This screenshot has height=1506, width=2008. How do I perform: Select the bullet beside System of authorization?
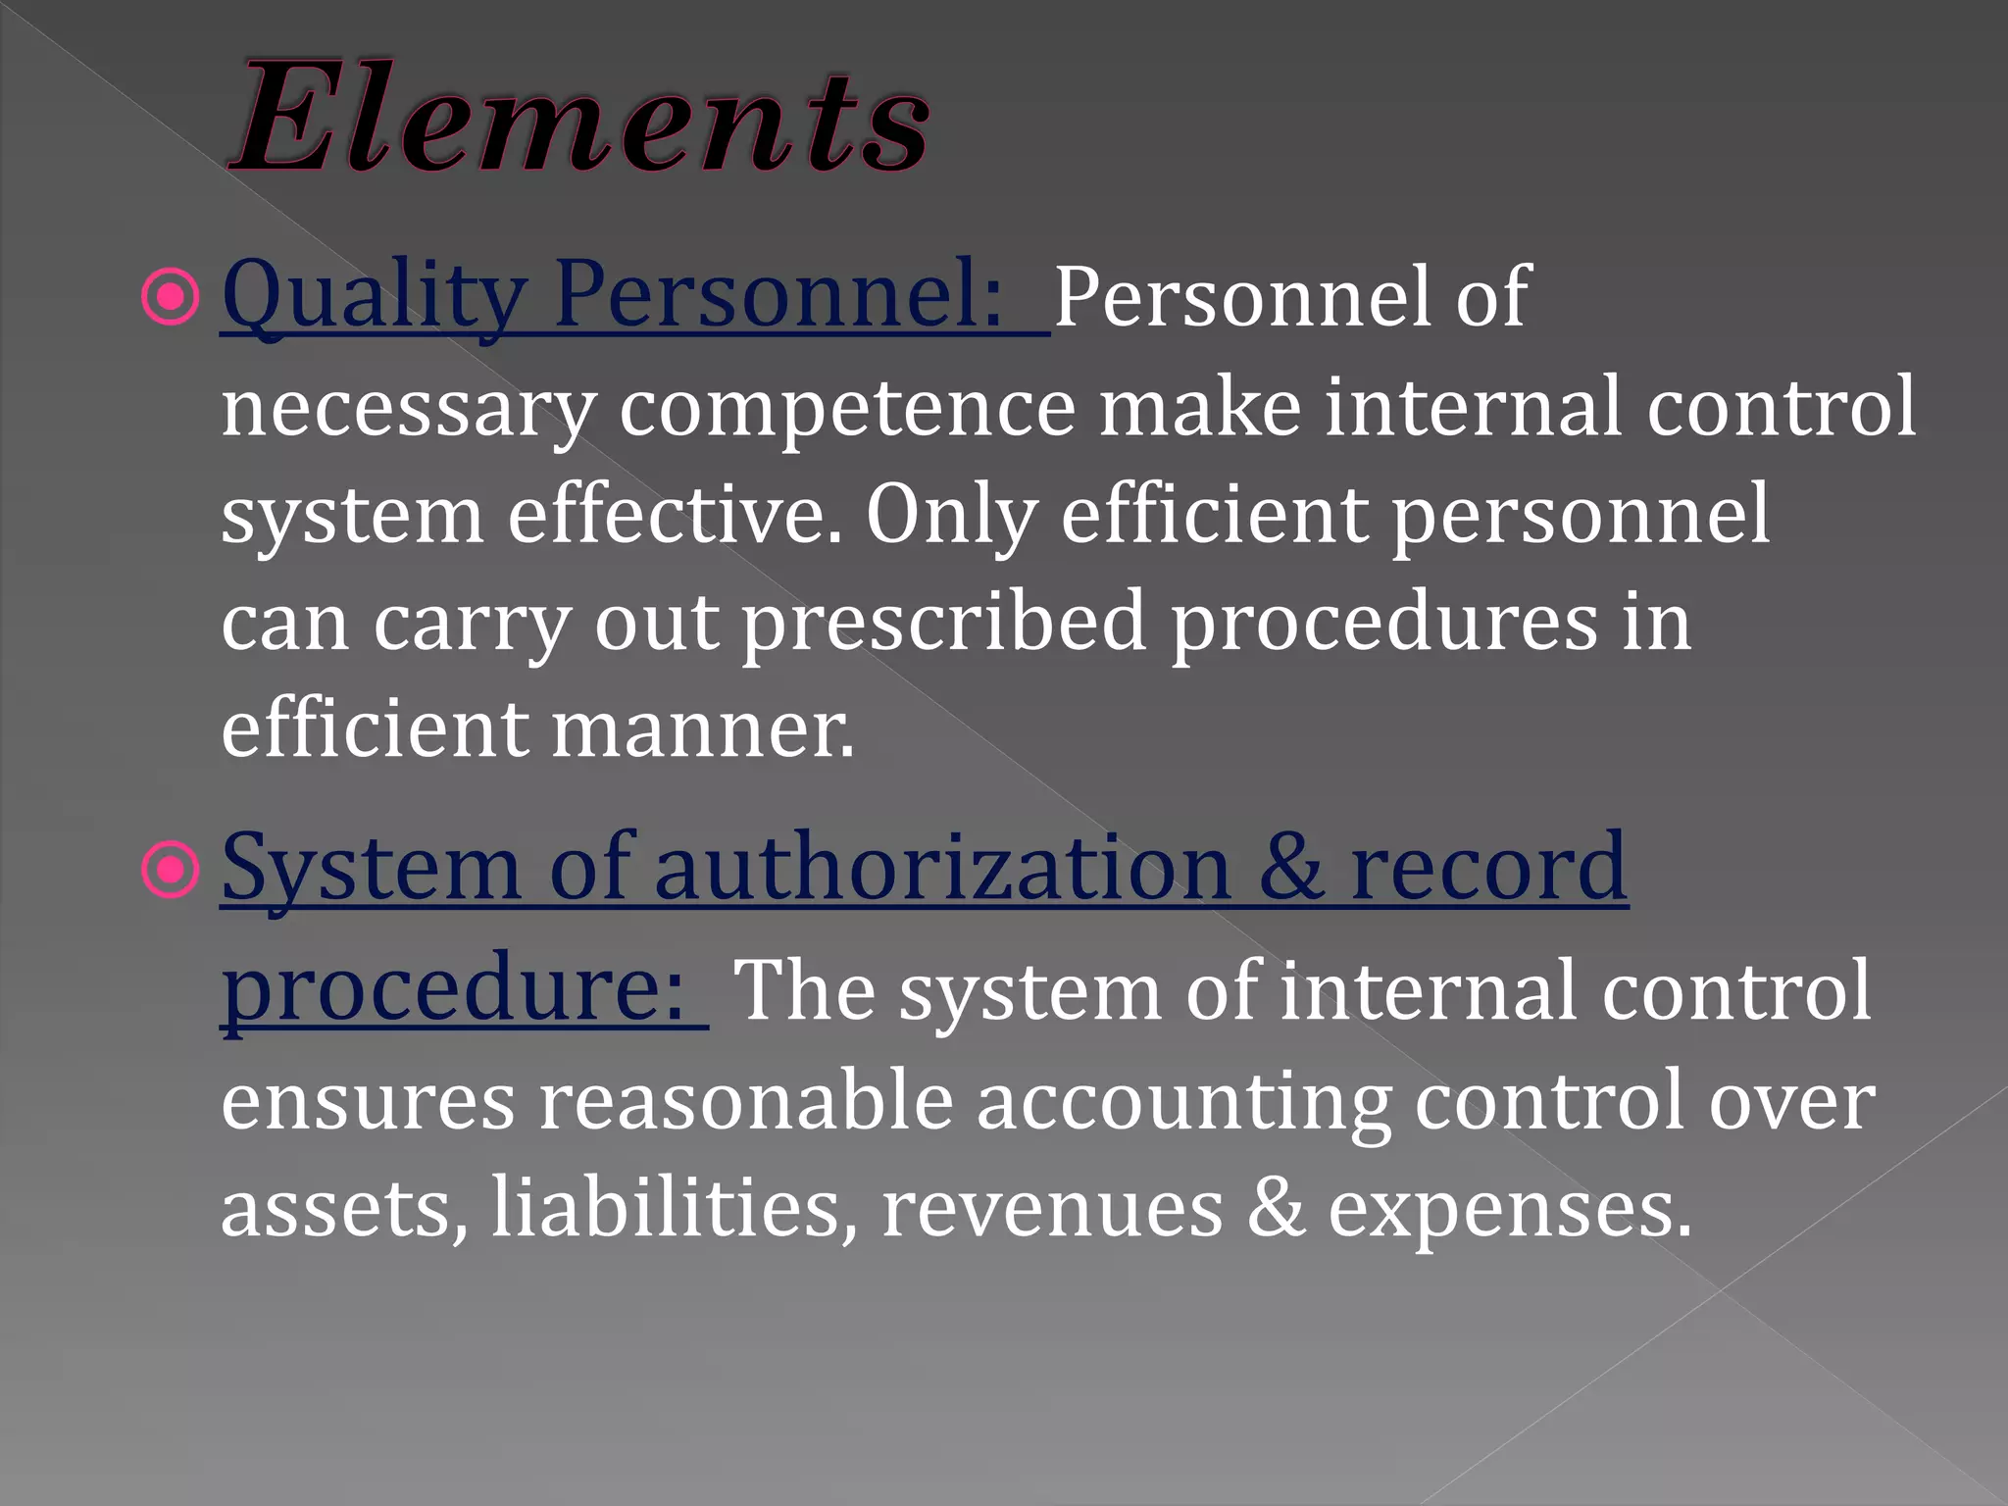pyautogui.click(x=172, y=870)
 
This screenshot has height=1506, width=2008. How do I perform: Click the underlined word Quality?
pyautogui.click(x=373, y=297)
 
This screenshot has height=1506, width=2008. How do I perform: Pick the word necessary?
pyautogui.click(x=408, y=410)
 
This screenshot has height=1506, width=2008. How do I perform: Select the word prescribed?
pyautogui.click(x=943, y=624)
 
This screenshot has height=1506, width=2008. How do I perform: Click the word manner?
pyautogui.click(x=702, y=730)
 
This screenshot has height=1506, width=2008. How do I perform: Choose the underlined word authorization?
pyautogui.click(x=942, y=868)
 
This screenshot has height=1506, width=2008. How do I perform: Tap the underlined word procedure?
pyautogui.click(x=453, y=988)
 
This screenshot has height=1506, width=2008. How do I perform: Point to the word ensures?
pyautogui.click(x=368, y=1100)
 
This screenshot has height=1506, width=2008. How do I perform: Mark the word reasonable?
pyautogui.click(x=746, y=1100)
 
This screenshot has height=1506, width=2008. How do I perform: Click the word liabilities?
pyautogui.click(x=674, y=1208)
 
